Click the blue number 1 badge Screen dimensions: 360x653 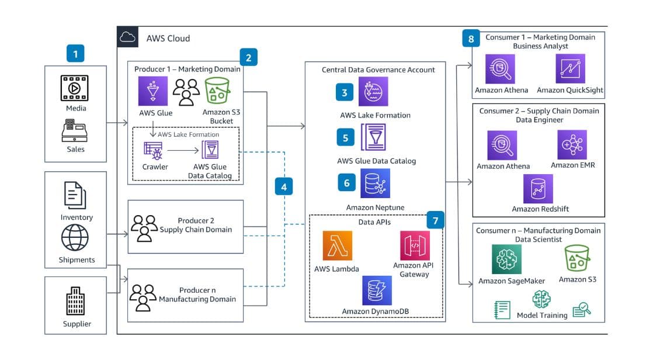coord(75,54)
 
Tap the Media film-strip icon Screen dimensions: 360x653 coord(75,88)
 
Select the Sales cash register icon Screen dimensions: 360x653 coord(75,131)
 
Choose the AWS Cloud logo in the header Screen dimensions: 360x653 coord(127,37)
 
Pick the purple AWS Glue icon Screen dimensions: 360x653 coord(153,91)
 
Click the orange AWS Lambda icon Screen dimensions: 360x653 coord(338,245)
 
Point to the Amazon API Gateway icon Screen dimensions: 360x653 coord(415,245)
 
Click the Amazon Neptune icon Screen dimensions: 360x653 coord(375,184)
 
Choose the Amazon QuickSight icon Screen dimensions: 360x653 coord(571,69)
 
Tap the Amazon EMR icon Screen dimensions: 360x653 coord(572,144)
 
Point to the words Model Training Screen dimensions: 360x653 coord(542,316)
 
